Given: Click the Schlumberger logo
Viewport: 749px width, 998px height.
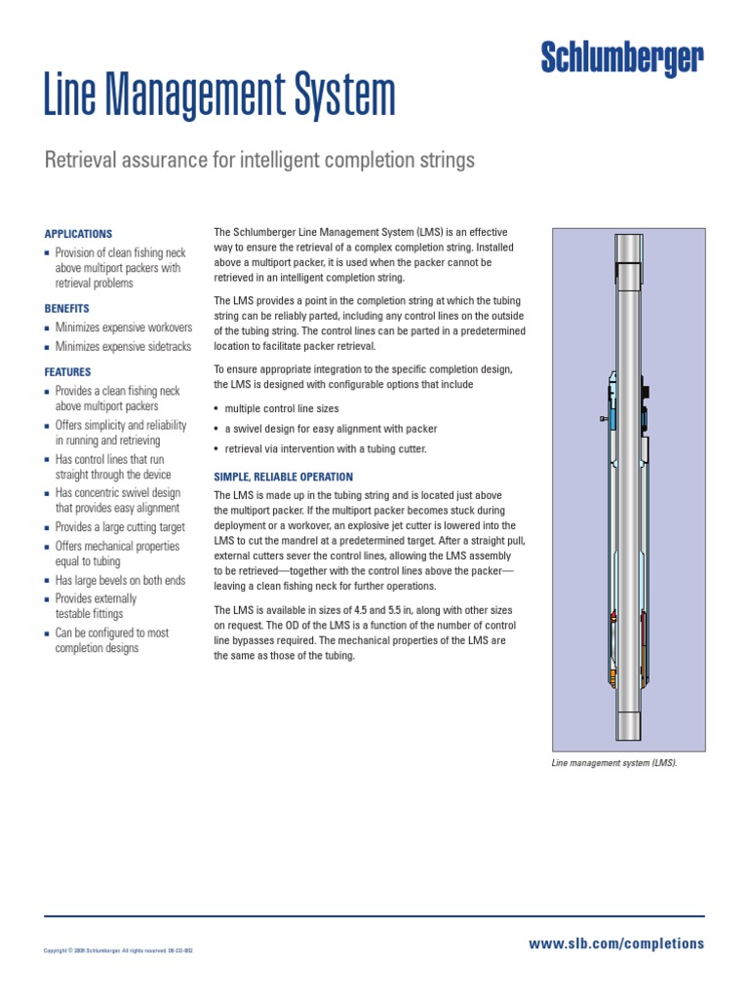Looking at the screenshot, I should click(x=621, y=59).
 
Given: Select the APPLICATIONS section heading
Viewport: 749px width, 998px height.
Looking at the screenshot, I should click(x=78, y=234).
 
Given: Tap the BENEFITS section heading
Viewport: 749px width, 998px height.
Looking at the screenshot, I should click(x=67, y=308).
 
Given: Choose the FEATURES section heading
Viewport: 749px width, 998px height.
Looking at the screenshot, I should click(x=68, y=372).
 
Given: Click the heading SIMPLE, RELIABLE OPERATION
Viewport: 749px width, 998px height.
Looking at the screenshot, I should click(x=283, y=477).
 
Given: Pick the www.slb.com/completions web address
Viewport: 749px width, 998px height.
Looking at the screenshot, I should click(x=615, y=943).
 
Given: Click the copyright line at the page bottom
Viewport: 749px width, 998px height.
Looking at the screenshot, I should click(x=119, y=950).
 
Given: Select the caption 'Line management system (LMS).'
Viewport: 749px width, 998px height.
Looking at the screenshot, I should click(x=613, y=763).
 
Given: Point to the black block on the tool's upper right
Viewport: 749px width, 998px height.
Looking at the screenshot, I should click(x=646, y=391).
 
